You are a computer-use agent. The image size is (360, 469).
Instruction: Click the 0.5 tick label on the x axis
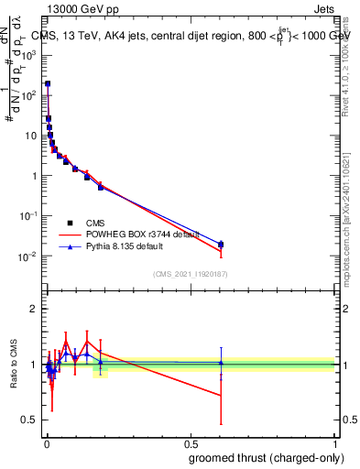[x=191, y=442]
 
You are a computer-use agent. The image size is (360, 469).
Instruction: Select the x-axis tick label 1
[x=334, y=442]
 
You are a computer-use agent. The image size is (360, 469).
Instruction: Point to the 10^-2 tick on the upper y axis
[x=30, y=256]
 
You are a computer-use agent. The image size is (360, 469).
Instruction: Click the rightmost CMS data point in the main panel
[x=221, y=245]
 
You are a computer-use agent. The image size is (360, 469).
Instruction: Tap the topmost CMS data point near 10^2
[x=48, y=83]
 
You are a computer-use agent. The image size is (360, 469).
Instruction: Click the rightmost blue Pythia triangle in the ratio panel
[x=221, y=363]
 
